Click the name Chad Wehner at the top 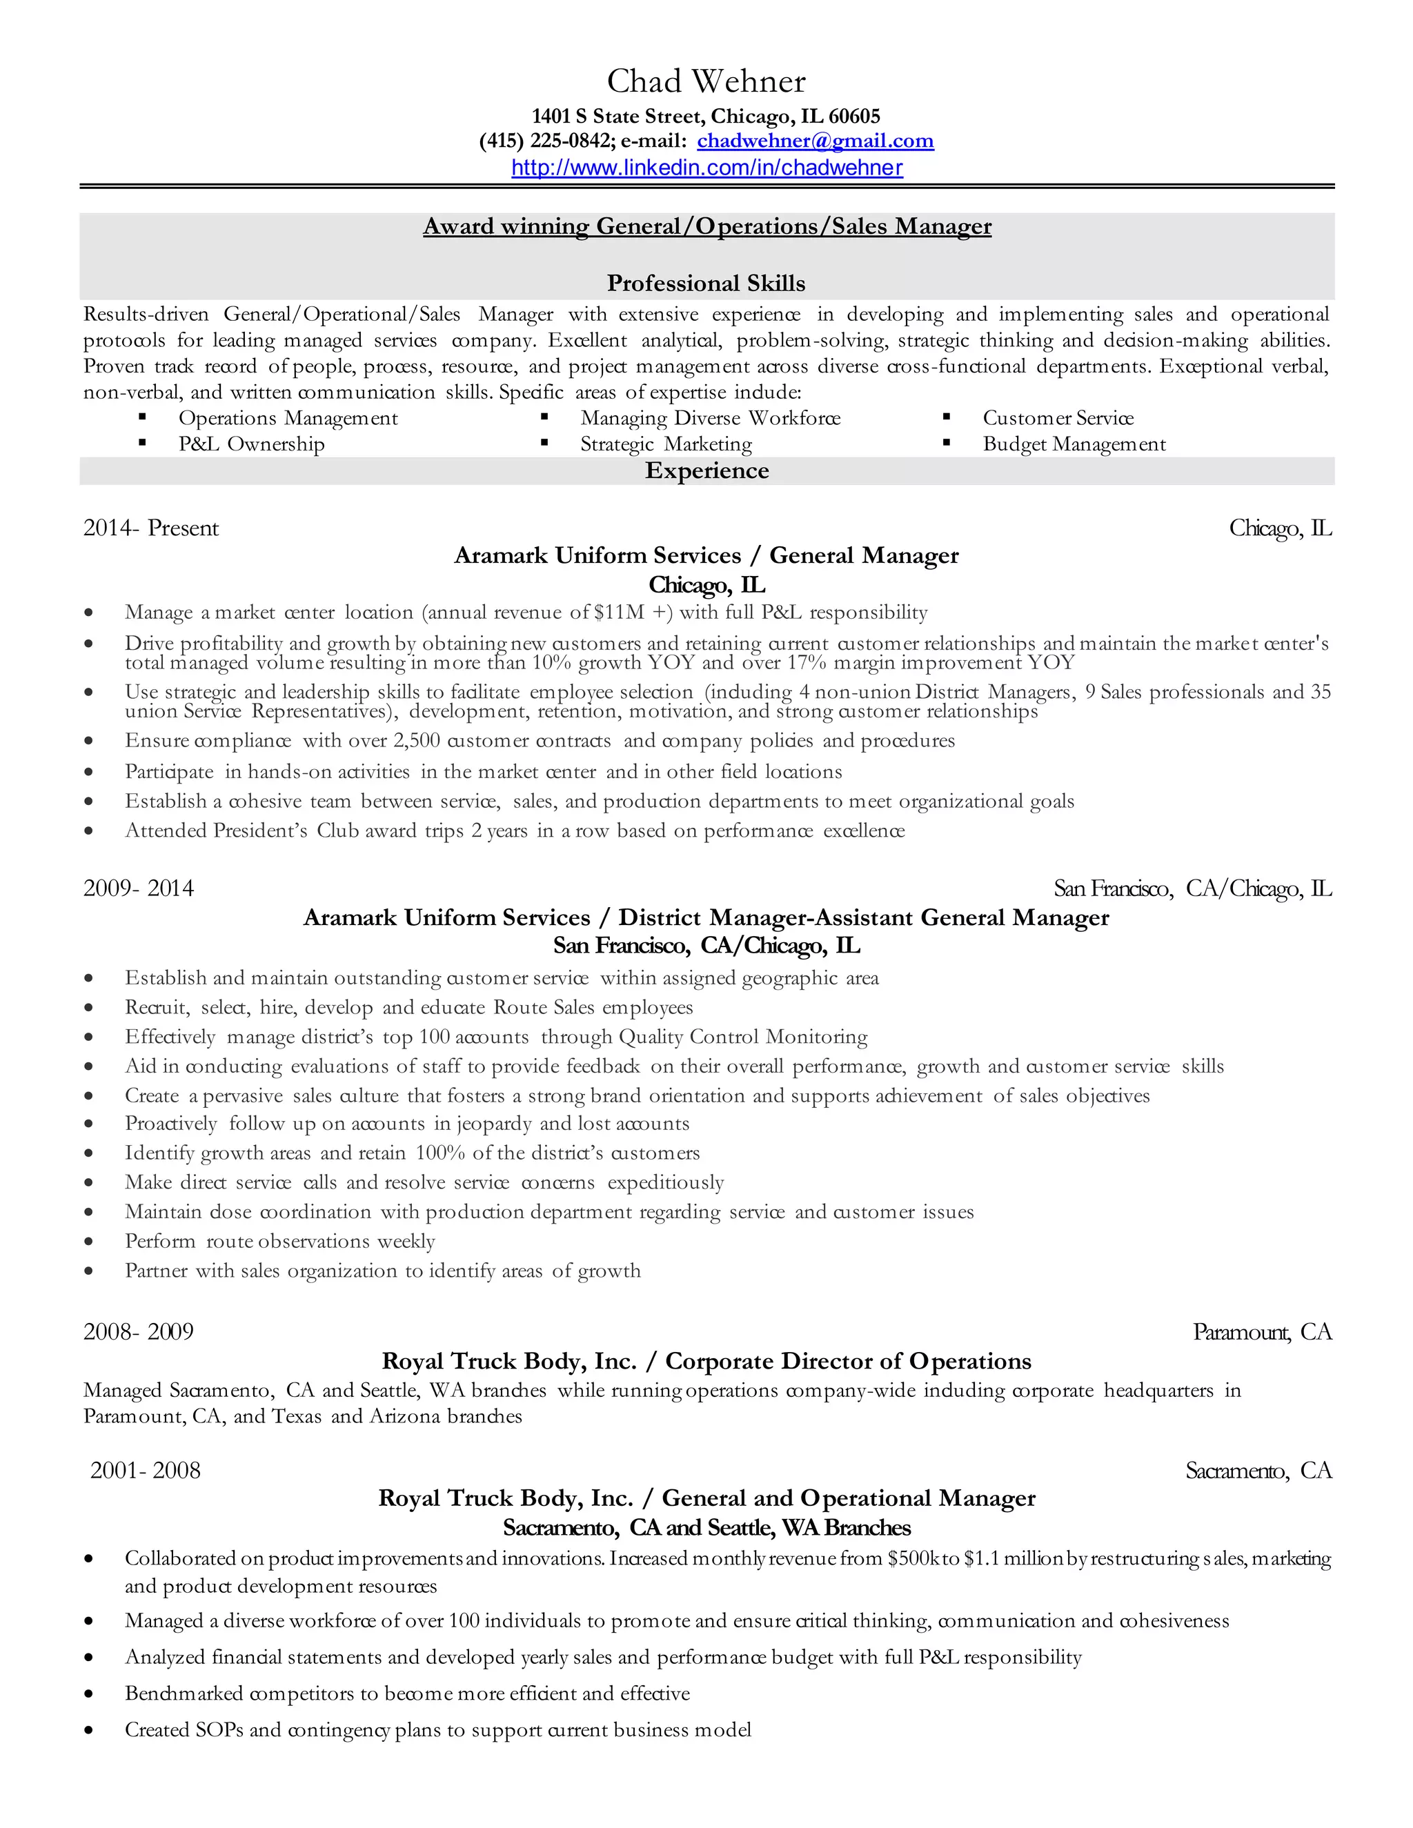(x=706, y=81)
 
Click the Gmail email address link (x=815, y=141)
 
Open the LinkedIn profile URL (x=706, y=168)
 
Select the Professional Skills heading (x=706, y=283)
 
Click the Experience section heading (x=706, y=470)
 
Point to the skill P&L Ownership (x=251, y=444)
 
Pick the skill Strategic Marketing (x=666, y=444)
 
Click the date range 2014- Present (x=150, y=528)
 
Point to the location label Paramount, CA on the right (x=1261, y=1331)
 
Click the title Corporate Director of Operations (x=848, y=1361)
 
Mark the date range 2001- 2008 (x=145, y=1471)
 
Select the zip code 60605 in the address (x=854, y=117)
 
